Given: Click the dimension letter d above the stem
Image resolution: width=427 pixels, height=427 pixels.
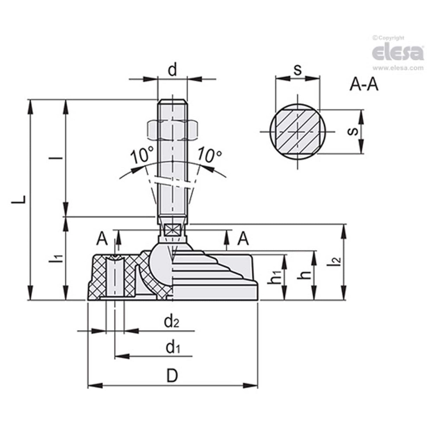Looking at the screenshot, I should (172, 70).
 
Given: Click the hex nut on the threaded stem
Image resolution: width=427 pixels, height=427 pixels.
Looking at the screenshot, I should (172, 129).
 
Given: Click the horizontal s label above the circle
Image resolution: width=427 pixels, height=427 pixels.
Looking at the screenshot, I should (298, 70).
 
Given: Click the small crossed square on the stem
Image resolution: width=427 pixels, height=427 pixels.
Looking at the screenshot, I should (172, 230).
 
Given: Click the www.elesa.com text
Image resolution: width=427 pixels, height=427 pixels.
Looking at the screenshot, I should (397, 68).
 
